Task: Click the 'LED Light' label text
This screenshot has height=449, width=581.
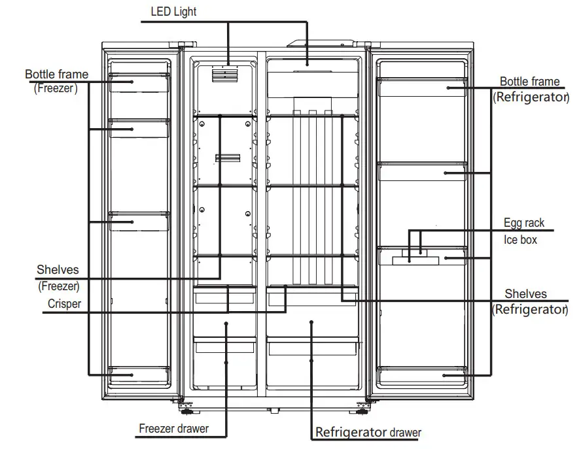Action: pos(173,12)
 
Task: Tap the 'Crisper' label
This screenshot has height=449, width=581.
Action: pos(64,304)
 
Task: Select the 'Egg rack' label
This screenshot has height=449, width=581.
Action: pos(523,224)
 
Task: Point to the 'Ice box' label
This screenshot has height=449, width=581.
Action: pos(520,240)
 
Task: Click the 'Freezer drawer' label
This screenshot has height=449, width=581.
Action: pos(173,429)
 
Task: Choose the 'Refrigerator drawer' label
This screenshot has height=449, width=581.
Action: pos(368,432)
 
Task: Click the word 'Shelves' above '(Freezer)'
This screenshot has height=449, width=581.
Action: pos(58,269)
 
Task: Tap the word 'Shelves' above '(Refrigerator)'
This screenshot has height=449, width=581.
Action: pos(525,294)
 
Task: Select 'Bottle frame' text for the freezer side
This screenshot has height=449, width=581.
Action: pos(56,75)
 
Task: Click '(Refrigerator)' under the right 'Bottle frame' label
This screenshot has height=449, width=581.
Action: pos(529,97)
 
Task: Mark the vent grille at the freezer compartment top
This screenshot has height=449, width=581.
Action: pos(223,75)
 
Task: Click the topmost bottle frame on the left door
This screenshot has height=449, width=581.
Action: pos(139,82)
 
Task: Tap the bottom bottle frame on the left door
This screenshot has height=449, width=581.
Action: pos(139,375)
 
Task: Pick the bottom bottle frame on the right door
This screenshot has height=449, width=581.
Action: pos(422,375)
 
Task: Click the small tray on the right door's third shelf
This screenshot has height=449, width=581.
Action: pos(410,259)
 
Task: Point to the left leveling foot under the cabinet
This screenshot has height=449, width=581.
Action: pos(187,410)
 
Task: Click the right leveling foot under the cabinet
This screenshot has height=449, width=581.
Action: pos(361,410)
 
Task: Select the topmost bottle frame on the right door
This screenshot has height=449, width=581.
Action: pos(422,86)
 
